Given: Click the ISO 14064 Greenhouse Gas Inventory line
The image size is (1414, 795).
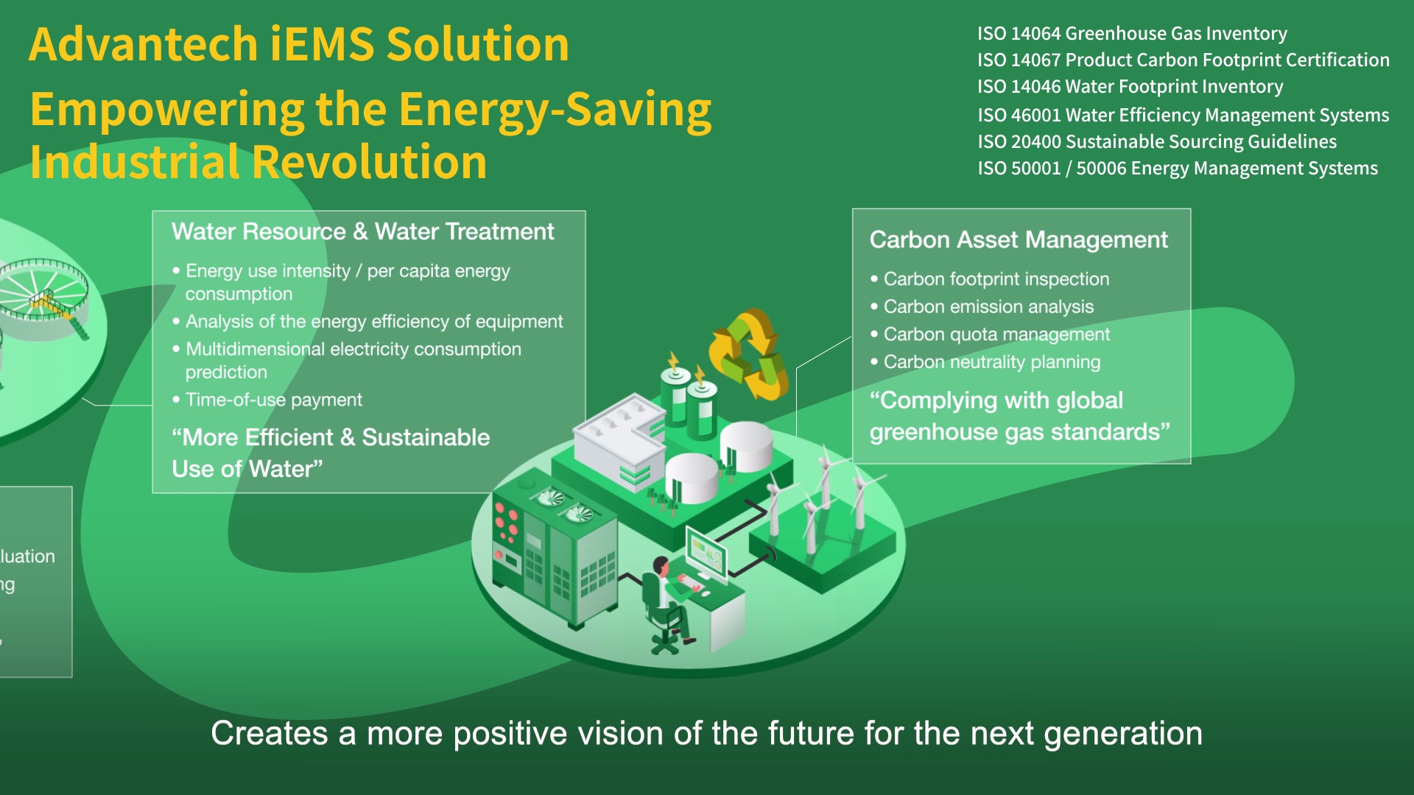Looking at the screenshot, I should (1132, 34).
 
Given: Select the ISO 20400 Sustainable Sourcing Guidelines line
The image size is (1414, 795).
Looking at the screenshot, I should (1156, 141).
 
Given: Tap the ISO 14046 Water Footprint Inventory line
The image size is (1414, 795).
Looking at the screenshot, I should (1130, 87).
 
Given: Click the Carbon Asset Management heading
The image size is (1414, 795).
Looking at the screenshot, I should (1019, 240).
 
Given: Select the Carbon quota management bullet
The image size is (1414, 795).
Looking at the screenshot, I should (996, 334).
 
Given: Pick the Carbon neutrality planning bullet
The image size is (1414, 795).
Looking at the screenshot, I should (991, 362).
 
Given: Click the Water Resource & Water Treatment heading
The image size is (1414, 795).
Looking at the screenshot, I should (362, 232).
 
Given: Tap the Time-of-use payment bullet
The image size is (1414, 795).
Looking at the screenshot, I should (273, 400).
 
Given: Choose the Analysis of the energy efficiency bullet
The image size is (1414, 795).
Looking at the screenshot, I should (373, 322).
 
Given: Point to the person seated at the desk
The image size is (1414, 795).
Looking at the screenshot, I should (666, 600).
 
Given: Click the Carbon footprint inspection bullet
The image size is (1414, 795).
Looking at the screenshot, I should (996, 279).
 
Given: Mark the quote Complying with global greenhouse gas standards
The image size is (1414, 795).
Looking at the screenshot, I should (1019, 416).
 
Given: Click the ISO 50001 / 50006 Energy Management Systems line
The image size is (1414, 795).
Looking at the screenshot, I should (1177, 169).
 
